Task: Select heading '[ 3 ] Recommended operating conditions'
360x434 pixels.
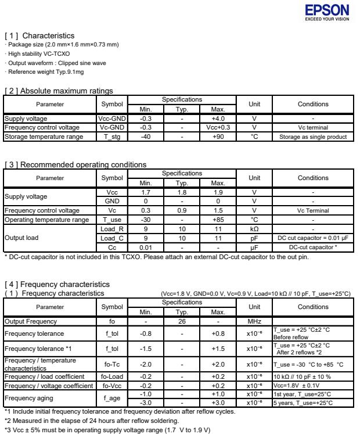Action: click(75, 164)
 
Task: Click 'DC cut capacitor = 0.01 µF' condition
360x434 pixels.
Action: click(313, 238)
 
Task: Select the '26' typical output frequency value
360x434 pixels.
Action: click(181, 321)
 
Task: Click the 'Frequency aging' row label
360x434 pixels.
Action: click(28, 398)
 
